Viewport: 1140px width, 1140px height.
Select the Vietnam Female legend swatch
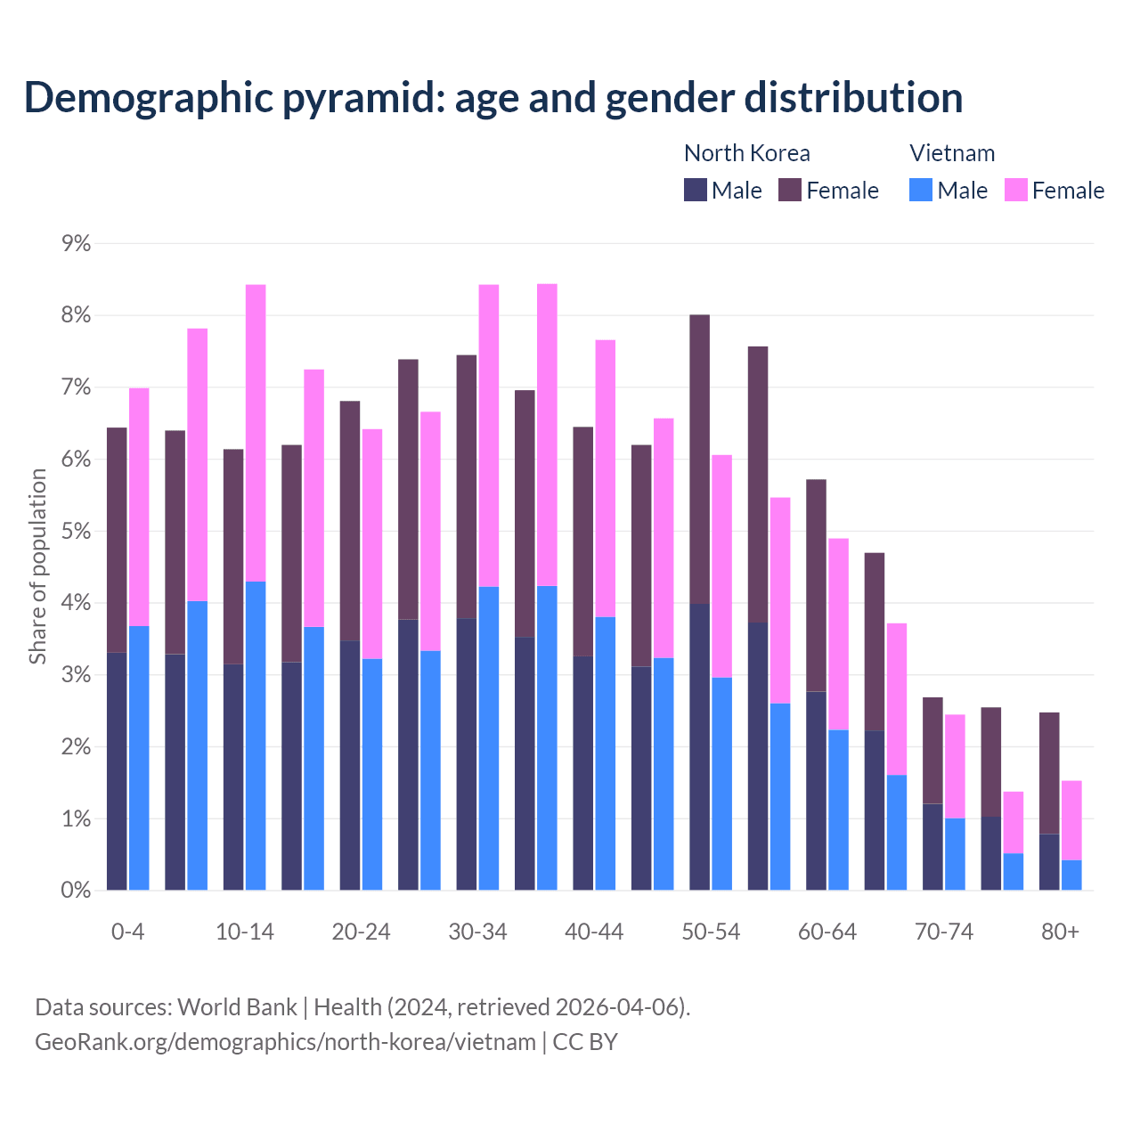[x=1015, y=190]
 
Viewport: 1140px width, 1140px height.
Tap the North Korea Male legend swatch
[x=695, y=190]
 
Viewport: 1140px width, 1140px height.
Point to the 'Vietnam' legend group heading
[x=951, y=153]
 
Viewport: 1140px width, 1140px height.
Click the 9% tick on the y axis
[x=76, y=244]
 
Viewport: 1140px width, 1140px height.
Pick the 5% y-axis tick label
[x=76, y=532]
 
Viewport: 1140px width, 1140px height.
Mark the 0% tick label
[x=76, y=890]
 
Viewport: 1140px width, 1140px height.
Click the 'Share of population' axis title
[x=37, y=566]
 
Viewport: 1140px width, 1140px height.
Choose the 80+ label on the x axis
[x=1060, y=932]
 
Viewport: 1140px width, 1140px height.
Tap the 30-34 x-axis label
[x=477, y=932]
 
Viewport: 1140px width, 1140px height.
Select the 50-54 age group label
[x=711, y=932]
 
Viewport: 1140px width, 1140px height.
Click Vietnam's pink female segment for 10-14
[x=256, y=433]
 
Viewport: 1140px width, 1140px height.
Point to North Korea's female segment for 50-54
[x=699, y=459]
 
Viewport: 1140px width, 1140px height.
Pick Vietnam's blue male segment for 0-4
[x=139, y=758]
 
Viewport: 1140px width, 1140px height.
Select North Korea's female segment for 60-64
[x=816, y=585]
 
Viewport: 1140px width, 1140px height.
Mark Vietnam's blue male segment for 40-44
[x=606, y=753]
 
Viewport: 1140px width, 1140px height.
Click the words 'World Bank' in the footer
[x=237, y=1007]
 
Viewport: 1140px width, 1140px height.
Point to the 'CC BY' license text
[x=585, y=1042]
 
